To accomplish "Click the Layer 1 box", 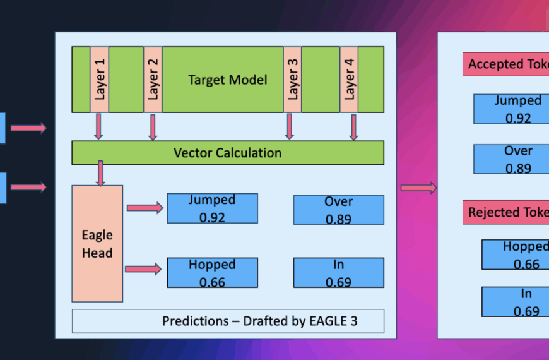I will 99,80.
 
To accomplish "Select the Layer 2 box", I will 153,80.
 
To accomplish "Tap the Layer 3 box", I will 292,80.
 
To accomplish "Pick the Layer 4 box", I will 349,80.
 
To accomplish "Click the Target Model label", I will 227,80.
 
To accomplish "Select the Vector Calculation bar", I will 227,153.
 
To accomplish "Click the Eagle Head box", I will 97,244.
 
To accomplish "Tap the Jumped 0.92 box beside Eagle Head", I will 212,208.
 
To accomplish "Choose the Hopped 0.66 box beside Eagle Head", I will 212,273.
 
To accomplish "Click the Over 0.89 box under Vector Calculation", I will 338,210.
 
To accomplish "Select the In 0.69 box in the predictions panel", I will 338,273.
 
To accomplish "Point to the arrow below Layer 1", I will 98,126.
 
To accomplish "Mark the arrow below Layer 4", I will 353,126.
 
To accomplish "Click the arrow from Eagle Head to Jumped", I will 145,208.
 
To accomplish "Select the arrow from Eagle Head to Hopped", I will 144,269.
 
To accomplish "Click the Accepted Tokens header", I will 506,64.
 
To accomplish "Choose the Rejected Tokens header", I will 506,213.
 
